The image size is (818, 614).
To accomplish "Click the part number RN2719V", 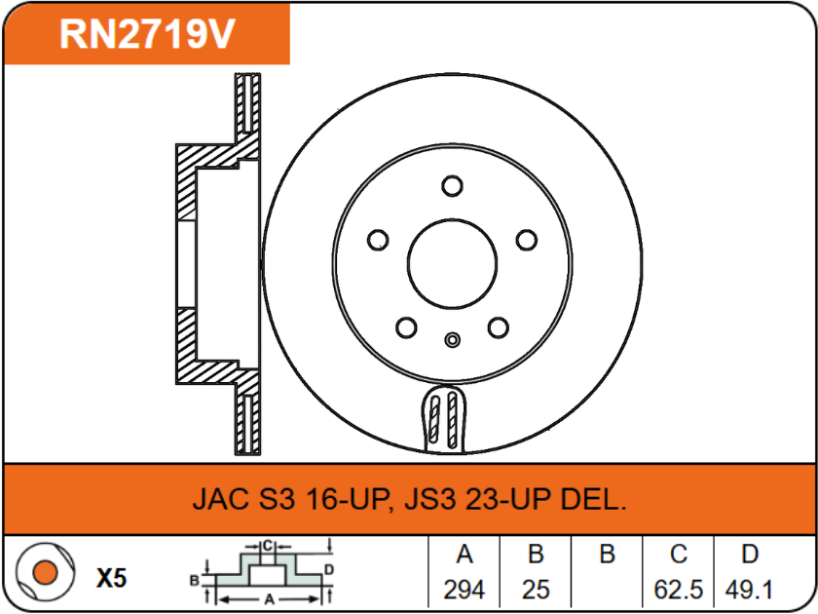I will point(147,34).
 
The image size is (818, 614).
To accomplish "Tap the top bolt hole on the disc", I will point(451,185).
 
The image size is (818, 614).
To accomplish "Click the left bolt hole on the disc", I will point(378,240).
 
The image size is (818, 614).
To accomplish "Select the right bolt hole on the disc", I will point(526,240).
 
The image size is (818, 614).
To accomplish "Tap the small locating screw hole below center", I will point(451,340).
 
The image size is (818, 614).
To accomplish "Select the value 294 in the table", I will point(465,590).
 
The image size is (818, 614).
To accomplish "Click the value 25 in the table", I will point(536,590).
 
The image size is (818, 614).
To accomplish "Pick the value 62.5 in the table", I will point(679,590).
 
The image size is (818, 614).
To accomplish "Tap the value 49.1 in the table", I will point(749,590).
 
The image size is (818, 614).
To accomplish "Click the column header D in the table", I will point(749,556).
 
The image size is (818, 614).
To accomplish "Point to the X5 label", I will point(112,578).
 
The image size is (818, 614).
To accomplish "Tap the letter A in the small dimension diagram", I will point(268,598).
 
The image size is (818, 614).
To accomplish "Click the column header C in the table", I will point(679,556).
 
